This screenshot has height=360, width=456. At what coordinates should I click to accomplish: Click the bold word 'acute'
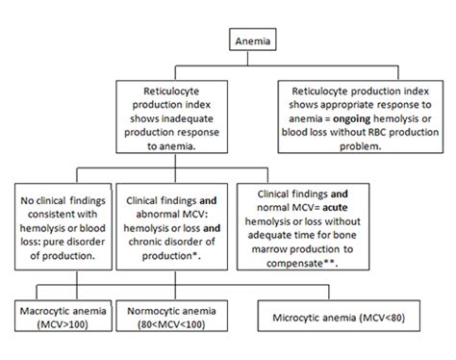click(364, 203)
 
